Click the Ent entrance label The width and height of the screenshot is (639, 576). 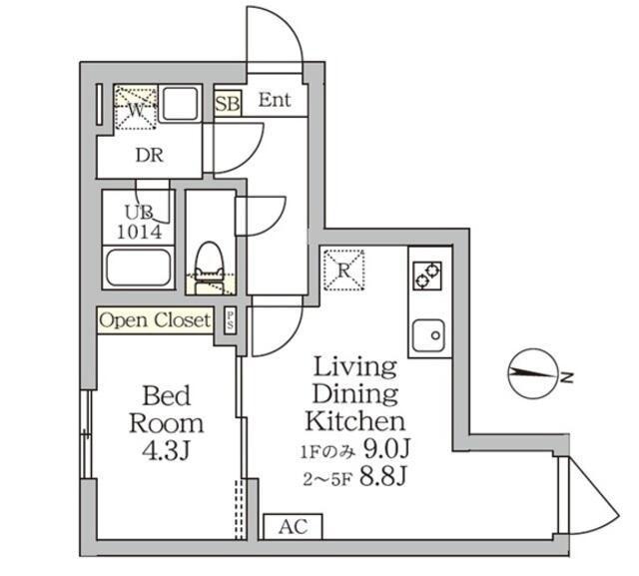(275, 100)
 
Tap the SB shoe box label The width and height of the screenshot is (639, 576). (227, 103)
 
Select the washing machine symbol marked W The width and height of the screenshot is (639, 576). (133, 108)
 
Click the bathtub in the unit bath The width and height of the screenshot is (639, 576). (139, 269)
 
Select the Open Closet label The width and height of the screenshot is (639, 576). (155, 320)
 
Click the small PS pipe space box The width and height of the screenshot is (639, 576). (230, 320)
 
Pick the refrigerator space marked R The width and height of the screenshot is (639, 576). (343, 269)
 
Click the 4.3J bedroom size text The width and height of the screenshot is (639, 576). (165, 450)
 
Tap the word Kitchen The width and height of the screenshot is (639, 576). (354, 420)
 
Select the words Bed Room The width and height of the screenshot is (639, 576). (165, 406)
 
